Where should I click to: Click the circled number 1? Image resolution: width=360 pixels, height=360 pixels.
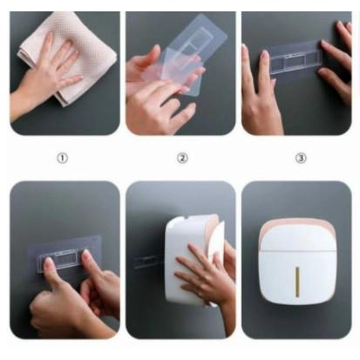pos(62,158)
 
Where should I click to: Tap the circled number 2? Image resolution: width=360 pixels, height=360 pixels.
pos(181,158)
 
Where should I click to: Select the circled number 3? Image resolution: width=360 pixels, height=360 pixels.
pos(297,158)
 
